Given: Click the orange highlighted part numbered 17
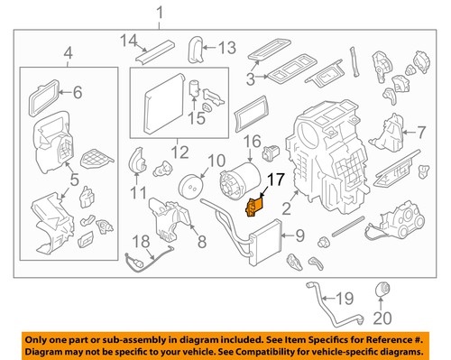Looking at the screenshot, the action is pos(254,207).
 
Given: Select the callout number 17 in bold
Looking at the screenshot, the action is pos(276,180).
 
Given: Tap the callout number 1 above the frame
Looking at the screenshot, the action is pos(160,14).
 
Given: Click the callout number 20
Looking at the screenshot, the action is pos(382,318).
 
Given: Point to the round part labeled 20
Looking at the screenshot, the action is pos(382,289).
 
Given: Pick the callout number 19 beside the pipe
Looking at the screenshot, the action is pos(345,299).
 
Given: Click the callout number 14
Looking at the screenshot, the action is pos(129,41).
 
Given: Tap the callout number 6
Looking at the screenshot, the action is pos(78,92).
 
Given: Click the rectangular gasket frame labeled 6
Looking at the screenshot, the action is pos(44,97).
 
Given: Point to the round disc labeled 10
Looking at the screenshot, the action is pos(191,186).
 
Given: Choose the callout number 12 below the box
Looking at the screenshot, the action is pos(180,152).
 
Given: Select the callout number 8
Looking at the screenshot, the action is pos(202,241).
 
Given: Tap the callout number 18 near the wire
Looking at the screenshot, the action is pos(142,241).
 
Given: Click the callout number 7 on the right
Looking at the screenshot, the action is pos(421,132).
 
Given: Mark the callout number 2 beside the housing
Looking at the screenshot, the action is pos(286,208).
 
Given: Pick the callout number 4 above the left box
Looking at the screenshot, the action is pos(69,53).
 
